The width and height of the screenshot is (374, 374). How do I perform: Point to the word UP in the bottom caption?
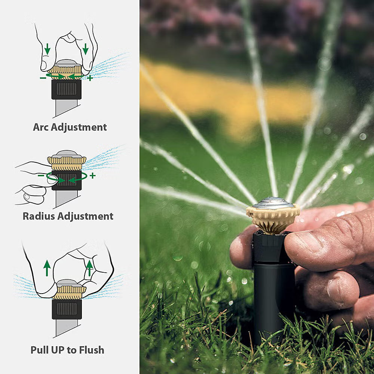(57, 350)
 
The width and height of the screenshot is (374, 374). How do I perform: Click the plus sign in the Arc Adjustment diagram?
(90, 78)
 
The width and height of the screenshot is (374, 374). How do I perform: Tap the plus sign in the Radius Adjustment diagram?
(92, 175)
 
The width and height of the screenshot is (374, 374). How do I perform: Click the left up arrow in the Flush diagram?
(47, 268)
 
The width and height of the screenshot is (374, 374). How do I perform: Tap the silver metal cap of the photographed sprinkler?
(273, 203)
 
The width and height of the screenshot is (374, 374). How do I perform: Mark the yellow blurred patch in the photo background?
(224, 97)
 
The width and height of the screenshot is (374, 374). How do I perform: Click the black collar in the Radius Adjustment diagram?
(67, 180)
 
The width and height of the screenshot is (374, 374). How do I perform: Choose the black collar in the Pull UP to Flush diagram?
(67, 309)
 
